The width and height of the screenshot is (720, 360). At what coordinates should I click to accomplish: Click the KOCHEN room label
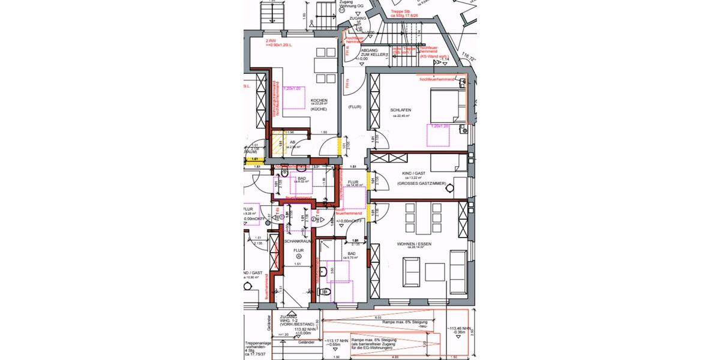319,100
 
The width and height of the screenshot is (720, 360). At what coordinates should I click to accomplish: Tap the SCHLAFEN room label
400,110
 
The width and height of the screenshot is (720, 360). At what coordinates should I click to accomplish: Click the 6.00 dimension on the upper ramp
378,317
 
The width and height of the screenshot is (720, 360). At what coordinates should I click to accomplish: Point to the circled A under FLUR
298,254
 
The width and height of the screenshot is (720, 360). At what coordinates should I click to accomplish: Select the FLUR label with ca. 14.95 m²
353,182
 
